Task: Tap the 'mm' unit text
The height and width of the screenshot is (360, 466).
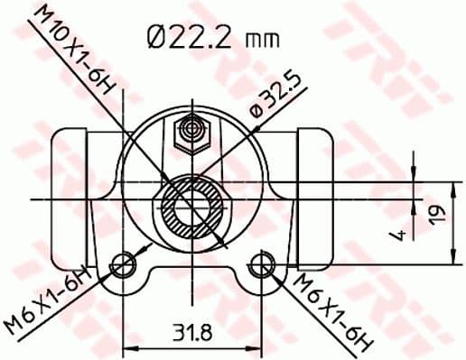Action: coord(261,41)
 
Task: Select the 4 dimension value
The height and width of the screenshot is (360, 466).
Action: coord(395,236)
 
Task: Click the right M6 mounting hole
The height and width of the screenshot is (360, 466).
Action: coord(262,264)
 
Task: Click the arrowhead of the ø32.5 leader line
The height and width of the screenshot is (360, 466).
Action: coord(222,241)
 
